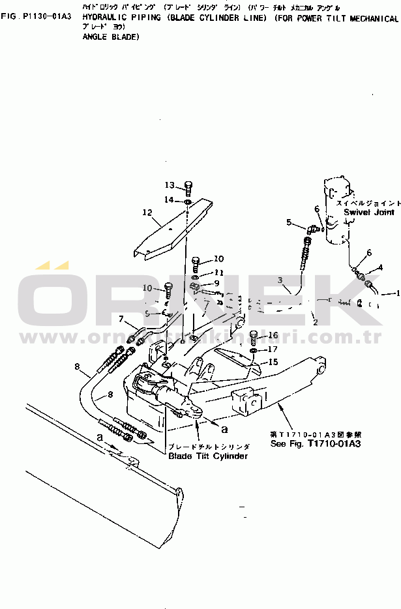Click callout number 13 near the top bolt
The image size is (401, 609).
pos(170,185)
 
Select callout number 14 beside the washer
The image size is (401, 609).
pos(169,200)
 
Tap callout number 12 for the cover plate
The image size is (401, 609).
pos(147,213)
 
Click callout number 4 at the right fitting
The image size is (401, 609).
pos(381,267)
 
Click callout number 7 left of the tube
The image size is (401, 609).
pos(121,319)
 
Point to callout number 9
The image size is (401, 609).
pos(216,283)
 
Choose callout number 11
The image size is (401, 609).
pos(218,272)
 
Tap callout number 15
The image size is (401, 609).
pos(274,362)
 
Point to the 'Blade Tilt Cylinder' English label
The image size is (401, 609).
pos(208,456)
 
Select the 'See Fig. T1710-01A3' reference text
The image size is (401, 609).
pos(316,443)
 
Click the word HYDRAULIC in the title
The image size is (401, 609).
pos(106,19)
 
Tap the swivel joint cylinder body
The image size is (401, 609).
pos(338,212)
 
